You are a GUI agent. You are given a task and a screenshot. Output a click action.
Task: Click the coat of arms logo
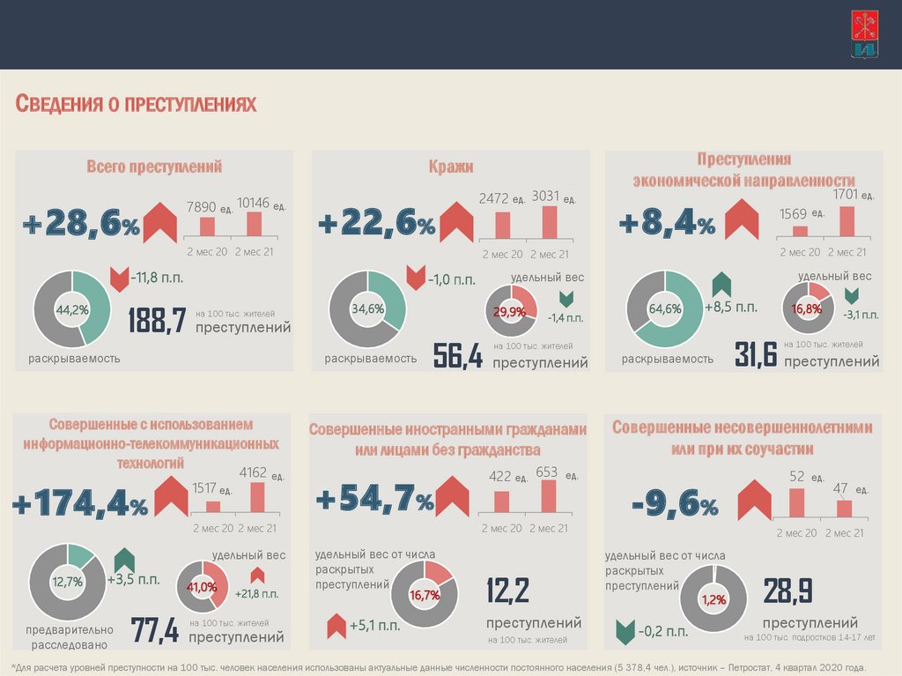[864, 34]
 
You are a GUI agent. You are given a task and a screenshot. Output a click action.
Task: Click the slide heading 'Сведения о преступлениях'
[137, 105]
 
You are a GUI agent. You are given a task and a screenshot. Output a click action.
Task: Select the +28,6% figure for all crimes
[81, 225]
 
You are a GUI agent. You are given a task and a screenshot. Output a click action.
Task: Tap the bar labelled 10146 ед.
[253, 226]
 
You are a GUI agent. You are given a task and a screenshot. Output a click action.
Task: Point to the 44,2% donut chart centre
[71, 309]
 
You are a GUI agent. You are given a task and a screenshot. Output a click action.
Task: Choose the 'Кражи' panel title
[451, 166]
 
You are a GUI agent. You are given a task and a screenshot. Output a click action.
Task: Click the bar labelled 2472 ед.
[503, 225]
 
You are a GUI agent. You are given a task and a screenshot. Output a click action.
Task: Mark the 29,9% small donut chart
[511, 311]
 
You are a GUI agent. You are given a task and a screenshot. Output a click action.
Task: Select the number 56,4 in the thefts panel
[458, 356]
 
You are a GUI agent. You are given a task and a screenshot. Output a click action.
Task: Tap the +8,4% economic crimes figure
[667, 224]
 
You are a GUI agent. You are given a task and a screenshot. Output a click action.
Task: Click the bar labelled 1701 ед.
[847, 220]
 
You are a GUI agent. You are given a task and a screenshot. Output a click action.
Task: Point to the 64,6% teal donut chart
[664, 308]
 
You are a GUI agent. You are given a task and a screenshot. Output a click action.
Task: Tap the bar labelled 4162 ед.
[257, 497]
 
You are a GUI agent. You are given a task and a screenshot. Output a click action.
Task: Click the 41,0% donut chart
[202, 587]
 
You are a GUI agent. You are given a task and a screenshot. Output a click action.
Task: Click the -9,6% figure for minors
[675, 505]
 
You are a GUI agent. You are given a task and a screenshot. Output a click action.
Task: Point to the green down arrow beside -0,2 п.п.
[625, 631]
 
